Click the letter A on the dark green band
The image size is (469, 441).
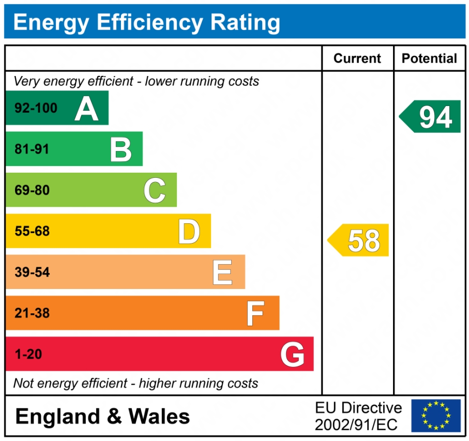86,109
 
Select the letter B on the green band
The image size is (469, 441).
121,149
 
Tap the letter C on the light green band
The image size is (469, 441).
155,190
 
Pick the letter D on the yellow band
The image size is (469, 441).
189,231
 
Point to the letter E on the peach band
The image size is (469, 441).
222,272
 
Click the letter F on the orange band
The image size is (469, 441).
255,313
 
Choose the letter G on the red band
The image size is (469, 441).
292,355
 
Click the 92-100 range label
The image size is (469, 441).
36,109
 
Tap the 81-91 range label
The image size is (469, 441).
32,149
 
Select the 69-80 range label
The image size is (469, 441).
32,190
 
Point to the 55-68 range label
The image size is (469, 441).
32,231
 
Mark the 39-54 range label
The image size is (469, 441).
32,272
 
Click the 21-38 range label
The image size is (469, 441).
32,313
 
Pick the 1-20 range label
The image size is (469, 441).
28,355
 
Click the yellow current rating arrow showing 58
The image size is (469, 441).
359,240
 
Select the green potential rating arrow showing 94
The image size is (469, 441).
431,116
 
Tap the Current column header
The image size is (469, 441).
357,58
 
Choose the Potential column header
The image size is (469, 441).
429,58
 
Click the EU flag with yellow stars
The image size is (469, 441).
435,416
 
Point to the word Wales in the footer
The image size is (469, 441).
159,416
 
